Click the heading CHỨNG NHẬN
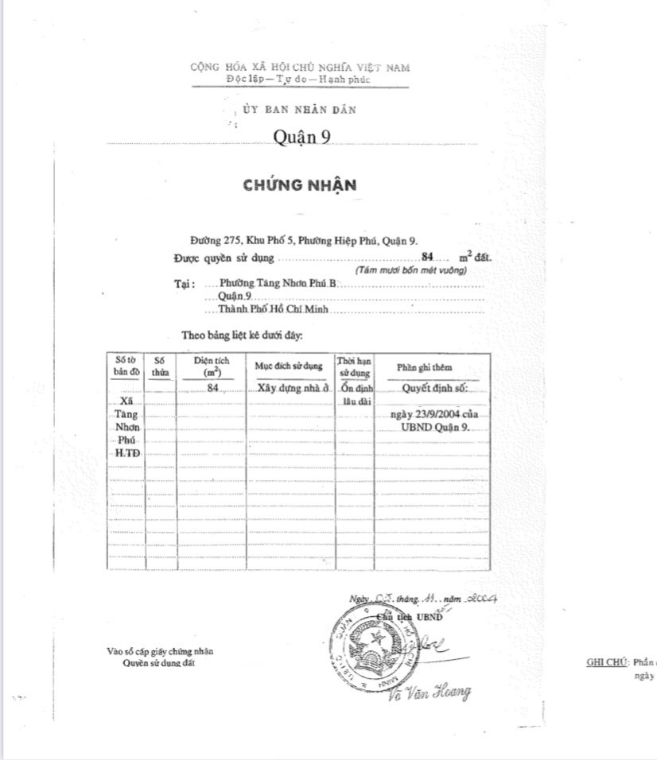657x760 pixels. tap(300, 185)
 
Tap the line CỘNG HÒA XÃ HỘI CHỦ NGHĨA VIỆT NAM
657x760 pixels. tap(300, 68)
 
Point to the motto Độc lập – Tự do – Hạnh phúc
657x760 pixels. tap(298, 79)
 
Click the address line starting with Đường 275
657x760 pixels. tap(305, 241)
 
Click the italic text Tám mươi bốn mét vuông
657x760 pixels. tap(411, 270)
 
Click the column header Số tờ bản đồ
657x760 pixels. tap(126, 366)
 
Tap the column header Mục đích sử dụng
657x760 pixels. tap(288, 366)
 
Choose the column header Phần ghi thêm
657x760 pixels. tap(424, 367)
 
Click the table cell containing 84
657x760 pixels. tap(212, 389)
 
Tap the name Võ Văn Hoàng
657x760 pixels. tap(429, 691)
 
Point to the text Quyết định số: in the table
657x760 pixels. tap(434, 390)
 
